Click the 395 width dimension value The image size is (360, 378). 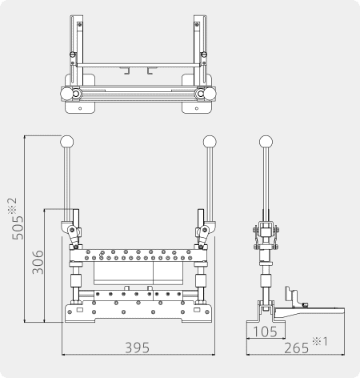click(x=138, y=348)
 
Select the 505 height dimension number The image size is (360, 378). click(x=18, y=227)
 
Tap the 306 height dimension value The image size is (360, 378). click(x=38, y=262)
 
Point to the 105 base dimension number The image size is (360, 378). click(x=265, y=332)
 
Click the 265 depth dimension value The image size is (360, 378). click(x=296, y=348)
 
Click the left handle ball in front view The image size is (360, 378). click(x=66, y=142)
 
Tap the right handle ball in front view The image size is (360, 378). click(x=210, y=142)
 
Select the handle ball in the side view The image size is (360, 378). click(x=266, y=142)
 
